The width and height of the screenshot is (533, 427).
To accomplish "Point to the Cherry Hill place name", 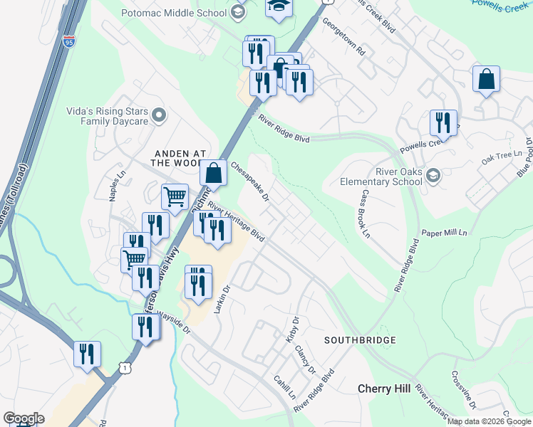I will [383, 389].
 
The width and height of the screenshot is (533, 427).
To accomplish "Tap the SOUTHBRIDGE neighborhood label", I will [360, 340].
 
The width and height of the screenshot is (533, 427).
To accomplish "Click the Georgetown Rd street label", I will [343, 43].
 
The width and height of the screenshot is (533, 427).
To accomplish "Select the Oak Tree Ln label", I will [497, 157].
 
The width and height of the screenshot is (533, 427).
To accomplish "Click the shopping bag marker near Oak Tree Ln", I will [486, 79].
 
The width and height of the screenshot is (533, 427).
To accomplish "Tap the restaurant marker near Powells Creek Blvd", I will [443, 122].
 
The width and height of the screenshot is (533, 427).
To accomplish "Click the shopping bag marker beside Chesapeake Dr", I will [214, 172].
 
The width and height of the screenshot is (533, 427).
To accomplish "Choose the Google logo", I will [23, 418].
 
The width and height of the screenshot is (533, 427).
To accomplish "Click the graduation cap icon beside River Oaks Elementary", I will [433, 175].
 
